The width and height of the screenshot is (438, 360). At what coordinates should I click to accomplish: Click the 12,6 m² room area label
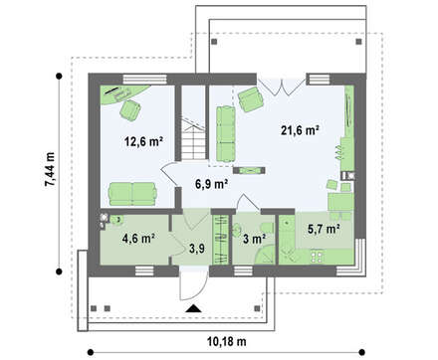[x=143, y=141]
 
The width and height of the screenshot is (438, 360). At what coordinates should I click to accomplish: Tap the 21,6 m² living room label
[x=300, y=130]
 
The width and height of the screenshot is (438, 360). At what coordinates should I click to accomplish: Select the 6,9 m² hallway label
[x=211, y=184]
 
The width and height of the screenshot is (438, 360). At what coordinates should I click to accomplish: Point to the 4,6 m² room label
[x=138, y=239]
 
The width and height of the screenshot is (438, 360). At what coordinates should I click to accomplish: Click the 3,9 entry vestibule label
[x=197, y=249]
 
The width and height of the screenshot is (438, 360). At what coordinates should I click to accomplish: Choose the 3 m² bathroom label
[x=254, y=239]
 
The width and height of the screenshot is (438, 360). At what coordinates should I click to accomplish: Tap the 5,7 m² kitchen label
[x=324, y=229]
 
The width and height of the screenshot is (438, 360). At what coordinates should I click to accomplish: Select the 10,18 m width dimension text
[x=227, y=341]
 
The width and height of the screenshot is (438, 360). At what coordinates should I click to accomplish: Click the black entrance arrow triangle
[x=193, y=308]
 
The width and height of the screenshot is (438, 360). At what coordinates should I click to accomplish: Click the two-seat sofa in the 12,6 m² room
[x=132, y=194]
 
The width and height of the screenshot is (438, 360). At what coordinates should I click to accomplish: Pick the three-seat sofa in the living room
[x=226, y=134]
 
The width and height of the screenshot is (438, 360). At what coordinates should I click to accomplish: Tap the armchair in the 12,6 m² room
[x=130, y=109]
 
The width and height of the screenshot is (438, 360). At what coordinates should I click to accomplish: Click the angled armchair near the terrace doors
[x=251, y=98]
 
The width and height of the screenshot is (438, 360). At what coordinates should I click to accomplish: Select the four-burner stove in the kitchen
[x=317, y=257]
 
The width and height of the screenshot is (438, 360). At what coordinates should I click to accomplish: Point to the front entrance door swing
[x=193, y=286]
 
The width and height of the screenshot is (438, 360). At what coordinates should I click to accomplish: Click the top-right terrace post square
[x=358, y=42]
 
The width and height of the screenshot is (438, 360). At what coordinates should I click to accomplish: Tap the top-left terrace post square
[x=214, y=42]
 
